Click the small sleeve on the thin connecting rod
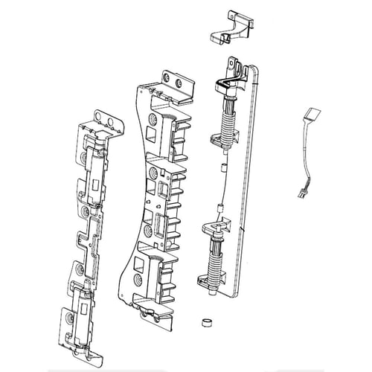[221, 208]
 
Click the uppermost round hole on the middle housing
[153, 119]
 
